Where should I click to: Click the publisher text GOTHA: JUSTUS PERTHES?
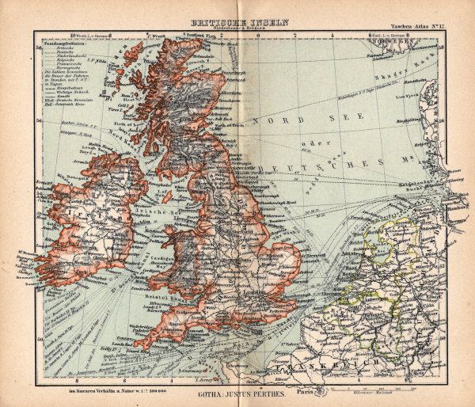[237, 390]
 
